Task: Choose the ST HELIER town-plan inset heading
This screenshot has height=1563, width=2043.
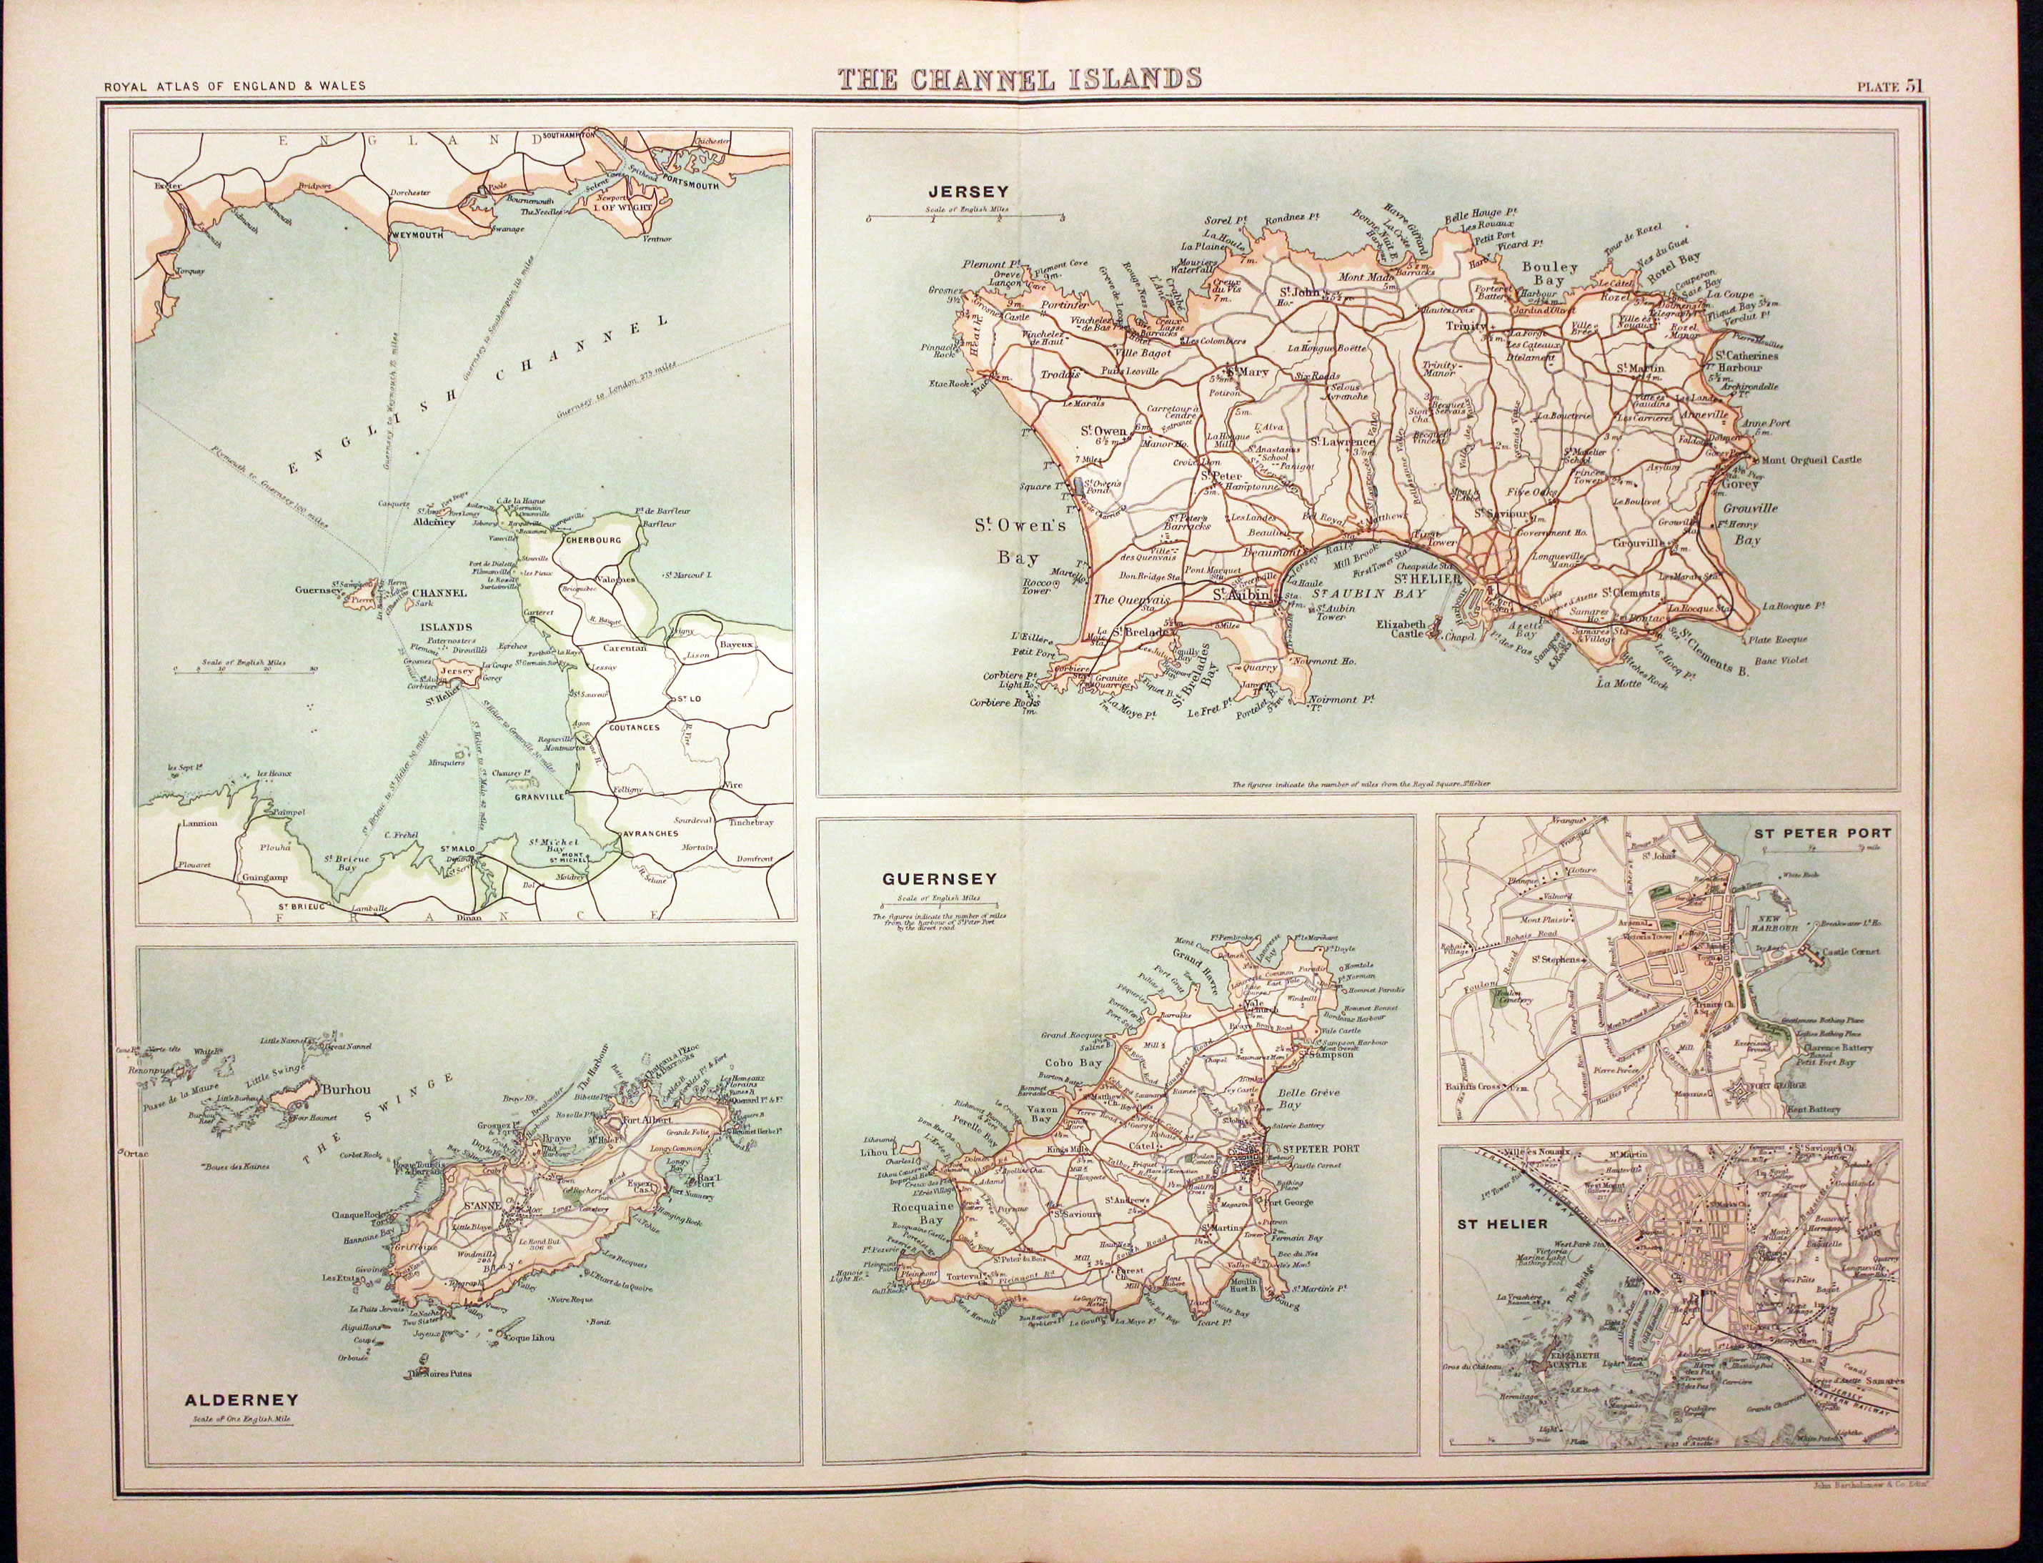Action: point(1488,1224)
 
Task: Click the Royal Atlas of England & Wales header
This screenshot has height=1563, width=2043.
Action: point(234,86)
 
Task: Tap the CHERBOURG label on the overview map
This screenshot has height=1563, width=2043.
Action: point(592,540)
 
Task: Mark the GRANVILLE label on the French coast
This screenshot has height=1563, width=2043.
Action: point(540,796)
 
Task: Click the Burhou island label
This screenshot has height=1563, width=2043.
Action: point(344,1088)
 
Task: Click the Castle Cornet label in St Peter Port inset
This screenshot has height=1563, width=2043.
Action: point(1851,952)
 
